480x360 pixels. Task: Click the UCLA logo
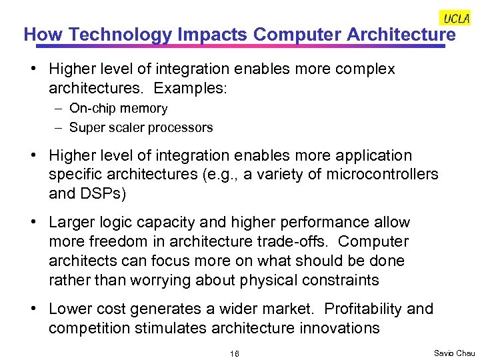[456, 18]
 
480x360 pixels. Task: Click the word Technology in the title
[119, 34]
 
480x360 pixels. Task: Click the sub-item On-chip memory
[118, 108]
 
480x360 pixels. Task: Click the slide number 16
[234, 353]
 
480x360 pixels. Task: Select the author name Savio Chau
[454, 352]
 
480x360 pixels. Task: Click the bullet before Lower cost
[39, 309]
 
